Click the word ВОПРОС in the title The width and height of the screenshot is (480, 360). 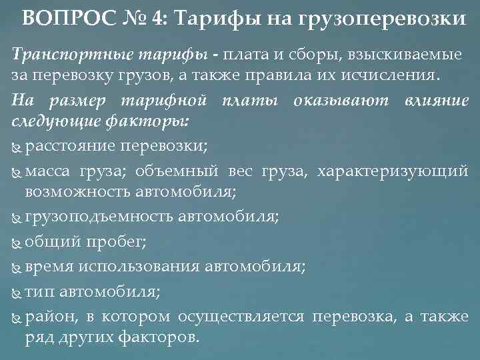pyautogui.click(x=56, y=18)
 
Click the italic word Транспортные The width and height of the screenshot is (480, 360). pyautogui.click(x=60, y=53)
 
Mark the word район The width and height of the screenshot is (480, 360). pyautogui.click(x=46, y=316)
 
